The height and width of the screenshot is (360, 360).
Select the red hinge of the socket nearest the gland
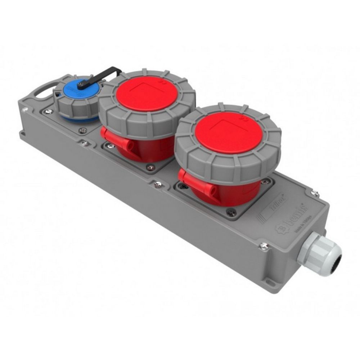[194, 182]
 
